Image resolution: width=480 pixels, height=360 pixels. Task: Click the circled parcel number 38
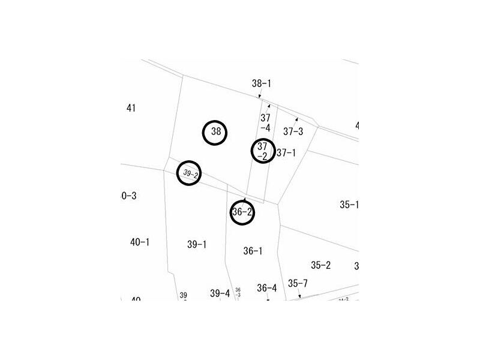215,133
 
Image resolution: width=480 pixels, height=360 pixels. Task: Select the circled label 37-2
262,151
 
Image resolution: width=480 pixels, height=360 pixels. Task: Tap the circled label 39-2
190,173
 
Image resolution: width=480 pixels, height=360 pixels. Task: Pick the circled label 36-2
242,212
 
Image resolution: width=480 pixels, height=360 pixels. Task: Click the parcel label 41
131,108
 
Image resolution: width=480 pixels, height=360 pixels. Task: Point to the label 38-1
262,83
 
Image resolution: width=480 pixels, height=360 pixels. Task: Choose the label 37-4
265,123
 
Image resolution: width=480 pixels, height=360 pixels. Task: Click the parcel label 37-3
293,131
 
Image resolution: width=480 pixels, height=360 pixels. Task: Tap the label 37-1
286,153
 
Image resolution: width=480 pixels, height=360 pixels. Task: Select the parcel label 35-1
349,205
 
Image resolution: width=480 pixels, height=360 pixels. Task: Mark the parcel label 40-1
140,242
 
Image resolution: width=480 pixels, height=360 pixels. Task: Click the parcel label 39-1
197,244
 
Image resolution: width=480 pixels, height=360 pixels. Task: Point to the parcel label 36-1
253,251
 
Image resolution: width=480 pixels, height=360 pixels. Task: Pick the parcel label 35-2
321,265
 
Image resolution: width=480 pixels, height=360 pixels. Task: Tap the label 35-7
298,283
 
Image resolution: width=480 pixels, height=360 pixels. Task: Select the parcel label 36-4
267,288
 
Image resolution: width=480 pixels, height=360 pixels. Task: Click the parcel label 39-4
220,293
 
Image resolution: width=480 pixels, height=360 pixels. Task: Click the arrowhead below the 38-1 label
259,96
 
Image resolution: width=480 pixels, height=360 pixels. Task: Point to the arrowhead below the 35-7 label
299,296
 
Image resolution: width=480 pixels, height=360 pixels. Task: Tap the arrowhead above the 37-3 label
296,119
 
